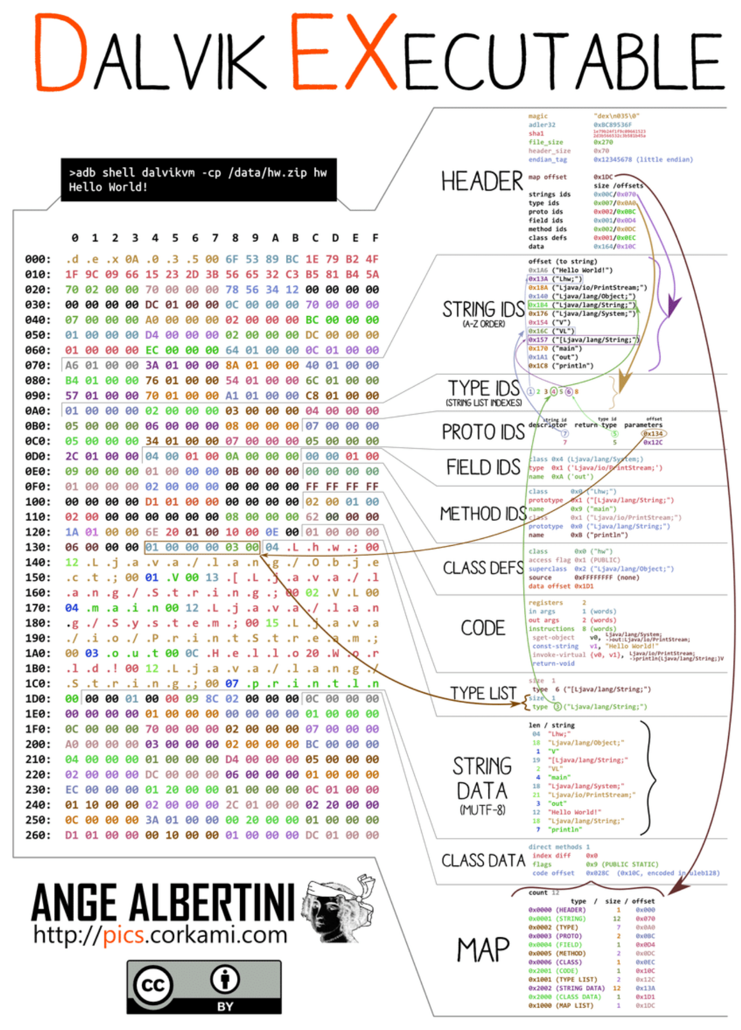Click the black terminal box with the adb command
[x=198, y=180]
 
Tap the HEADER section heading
[x=482, y=181]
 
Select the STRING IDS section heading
[x=483, y=310]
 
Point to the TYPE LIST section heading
[x=483, y=693]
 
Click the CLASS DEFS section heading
[x=483, y=568]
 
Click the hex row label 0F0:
[x=38, y=487]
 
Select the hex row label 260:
[x=38, y=835]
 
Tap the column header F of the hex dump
[x=375, y=238]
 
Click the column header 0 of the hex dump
[x=75, y=238]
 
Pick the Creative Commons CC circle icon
[x=154, y=985]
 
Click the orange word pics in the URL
[x=123, y=935]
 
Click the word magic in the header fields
[x=538, y=116]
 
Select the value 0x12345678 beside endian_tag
[x=613, y=160]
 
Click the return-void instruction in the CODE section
[x=553, y=664]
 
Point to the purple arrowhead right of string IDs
[x=673, y=307]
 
